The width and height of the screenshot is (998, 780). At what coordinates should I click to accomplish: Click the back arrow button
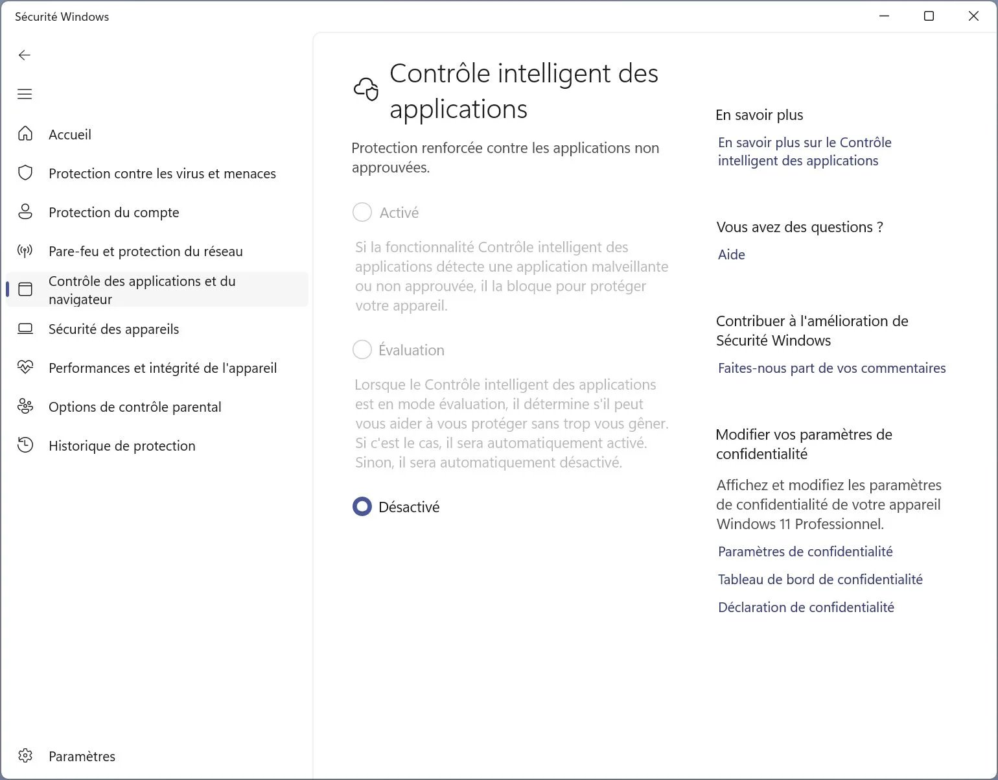click(x=25, y=55)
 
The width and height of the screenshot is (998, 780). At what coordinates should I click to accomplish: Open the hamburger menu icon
click(x=25, y=94)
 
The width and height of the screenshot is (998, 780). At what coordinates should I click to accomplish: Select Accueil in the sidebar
click(x=70, y=134)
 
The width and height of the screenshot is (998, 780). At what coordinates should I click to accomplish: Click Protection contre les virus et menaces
click(x=162, y=173)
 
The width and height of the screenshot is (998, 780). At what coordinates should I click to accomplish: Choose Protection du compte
click(x=114, y=212)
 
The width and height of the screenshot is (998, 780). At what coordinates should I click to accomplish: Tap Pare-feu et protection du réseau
click(x=146, y=251)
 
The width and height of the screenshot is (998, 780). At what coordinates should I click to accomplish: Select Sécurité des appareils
click(x=114, y=329)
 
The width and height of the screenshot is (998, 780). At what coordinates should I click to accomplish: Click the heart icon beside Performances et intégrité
click(x=25, y=368)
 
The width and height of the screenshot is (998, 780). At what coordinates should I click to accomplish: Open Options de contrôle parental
click(x=135, y=407)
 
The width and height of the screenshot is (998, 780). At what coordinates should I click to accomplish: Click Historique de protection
click(x=122, y=445)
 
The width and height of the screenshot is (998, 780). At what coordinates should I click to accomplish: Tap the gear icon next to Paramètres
click(x=25, y=756)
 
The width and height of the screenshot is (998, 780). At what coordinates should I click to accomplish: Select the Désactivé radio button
click(x=362, y=506)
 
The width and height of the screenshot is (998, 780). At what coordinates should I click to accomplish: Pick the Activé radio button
click(x=362, y=212)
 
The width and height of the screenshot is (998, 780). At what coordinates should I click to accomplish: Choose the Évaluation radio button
click(x=362, y=349)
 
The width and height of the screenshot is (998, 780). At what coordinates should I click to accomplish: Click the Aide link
click(x=731, y=254)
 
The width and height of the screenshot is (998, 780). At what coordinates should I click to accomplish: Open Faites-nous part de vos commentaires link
click(x=831, y=368)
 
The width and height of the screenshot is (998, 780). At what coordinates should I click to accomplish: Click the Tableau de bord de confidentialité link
click(x=820, y=579)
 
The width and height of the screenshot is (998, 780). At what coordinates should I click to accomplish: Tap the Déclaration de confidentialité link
click(x=806, y=607)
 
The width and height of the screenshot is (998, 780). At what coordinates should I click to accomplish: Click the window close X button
click(x=973, y=16)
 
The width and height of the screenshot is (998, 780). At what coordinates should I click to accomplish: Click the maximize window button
click(x=929, y=16)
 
